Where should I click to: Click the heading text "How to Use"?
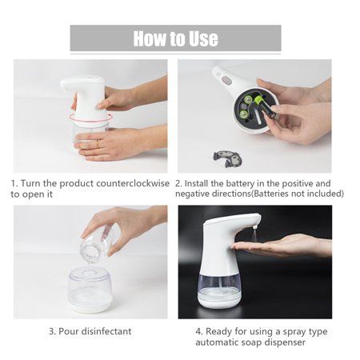[x=175, y=38]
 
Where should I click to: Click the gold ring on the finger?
[x=98, y=144]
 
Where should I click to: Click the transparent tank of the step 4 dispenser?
[x=218, y=289]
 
